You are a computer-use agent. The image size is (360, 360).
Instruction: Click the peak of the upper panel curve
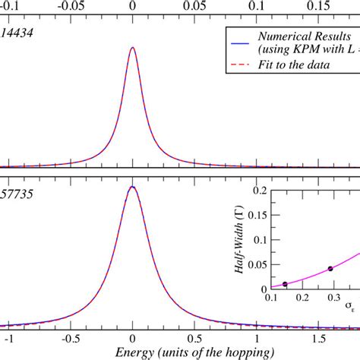point(133,48)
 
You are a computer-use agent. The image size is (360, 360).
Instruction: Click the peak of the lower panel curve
point(133,186)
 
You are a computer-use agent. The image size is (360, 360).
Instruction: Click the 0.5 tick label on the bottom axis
point(196,336)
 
